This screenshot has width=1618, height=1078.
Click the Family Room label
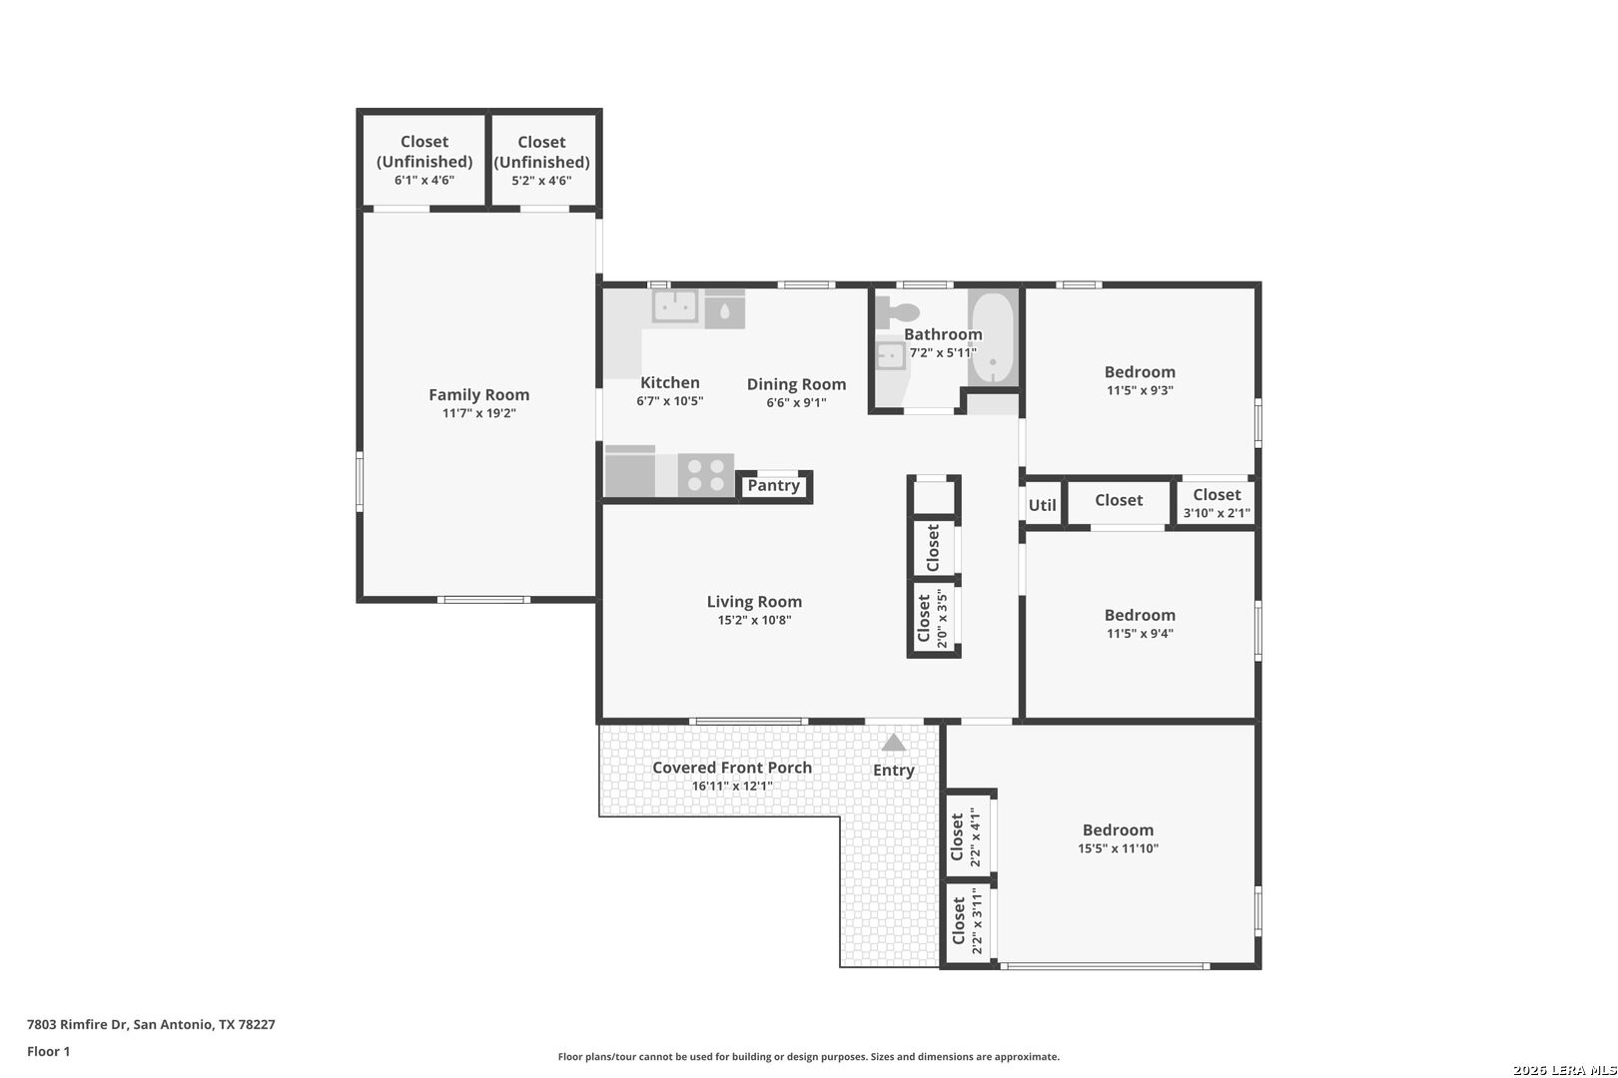[x=478, y=395]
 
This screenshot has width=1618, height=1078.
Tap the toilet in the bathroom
[x=897, y=311]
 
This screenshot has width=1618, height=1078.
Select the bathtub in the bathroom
[x=993, y=337]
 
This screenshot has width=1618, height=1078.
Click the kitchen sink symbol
[x=675, y=306]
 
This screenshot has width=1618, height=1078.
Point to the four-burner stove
[x=706, y=475]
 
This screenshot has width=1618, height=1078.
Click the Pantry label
[x=773, y=485]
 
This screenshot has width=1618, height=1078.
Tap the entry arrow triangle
[x=894, y=743]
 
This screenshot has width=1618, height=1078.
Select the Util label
[x=1042, y=505]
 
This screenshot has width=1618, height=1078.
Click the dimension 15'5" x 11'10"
[x=1119, y=848]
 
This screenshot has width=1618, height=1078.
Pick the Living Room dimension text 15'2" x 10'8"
[x=754, y=620]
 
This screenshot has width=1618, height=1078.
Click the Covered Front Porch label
[x=732, y=768]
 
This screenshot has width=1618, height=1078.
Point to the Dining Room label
[x=796, y=384]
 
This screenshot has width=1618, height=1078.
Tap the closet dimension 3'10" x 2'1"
[x=1216, y=513]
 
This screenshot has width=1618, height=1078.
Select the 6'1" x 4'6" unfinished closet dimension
[x=424, y=180]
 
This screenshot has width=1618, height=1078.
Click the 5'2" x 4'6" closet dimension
[x=541, y=181]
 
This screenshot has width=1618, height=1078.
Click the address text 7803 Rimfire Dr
[x=77, y=1024]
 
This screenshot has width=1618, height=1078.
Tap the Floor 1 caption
[x=48, y=1051]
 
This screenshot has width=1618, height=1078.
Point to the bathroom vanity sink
[x=891, y=356]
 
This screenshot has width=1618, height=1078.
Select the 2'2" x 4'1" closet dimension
[x=975, y=836]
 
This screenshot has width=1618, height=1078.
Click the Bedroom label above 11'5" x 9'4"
[x=1140, y=615]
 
